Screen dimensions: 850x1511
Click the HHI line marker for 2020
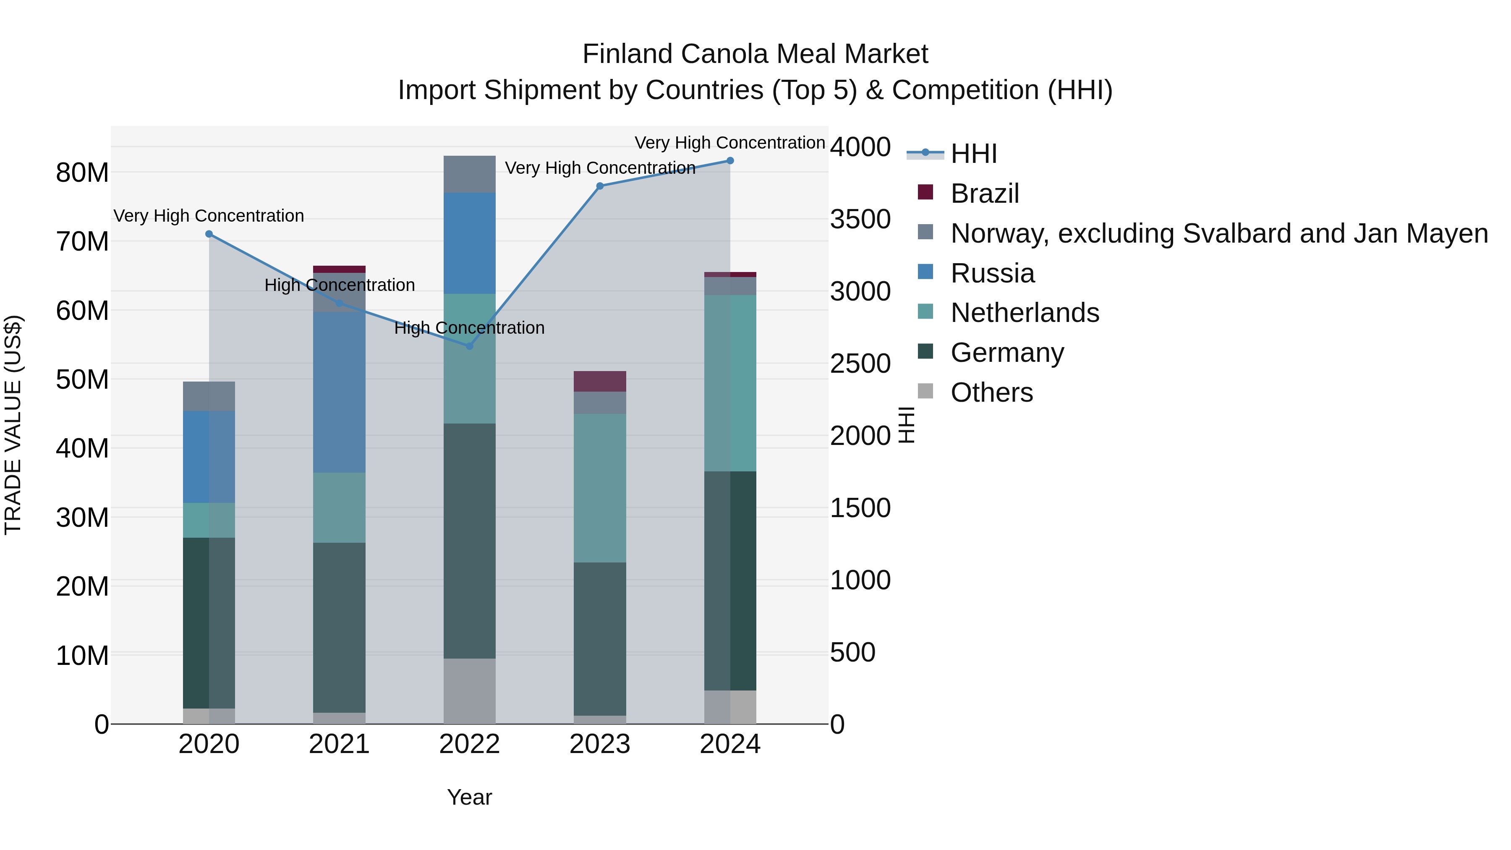tap(209, 234)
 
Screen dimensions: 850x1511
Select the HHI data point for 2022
tap(469, 347)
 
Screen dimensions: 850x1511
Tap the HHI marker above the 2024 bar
tap(730, 161)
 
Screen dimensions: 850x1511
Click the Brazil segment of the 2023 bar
tap(599, 381)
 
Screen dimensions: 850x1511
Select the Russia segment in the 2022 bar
tap(469, 243)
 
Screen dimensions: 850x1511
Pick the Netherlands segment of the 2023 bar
tap(599, 488)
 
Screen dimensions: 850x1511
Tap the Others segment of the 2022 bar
tap(469, 691)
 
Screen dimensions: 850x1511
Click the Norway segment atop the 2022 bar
tap(469, 174)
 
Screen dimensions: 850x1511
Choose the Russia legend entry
tap(993, 273)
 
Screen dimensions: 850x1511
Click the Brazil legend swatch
tap(925, 192)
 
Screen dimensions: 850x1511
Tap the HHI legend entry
tap(974, 154)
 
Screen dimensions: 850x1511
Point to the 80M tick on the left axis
tap(82, 173)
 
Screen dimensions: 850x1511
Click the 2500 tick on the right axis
tap(860, 364)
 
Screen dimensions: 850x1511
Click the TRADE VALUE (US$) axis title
tap(13, 425)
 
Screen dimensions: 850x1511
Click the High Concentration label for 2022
tap(469, 328)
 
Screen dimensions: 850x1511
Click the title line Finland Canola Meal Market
tap(755, 54)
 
